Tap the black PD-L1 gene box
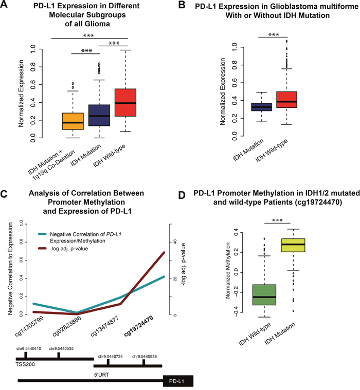point(177,381)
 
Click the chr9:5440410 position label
point(27,348)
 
